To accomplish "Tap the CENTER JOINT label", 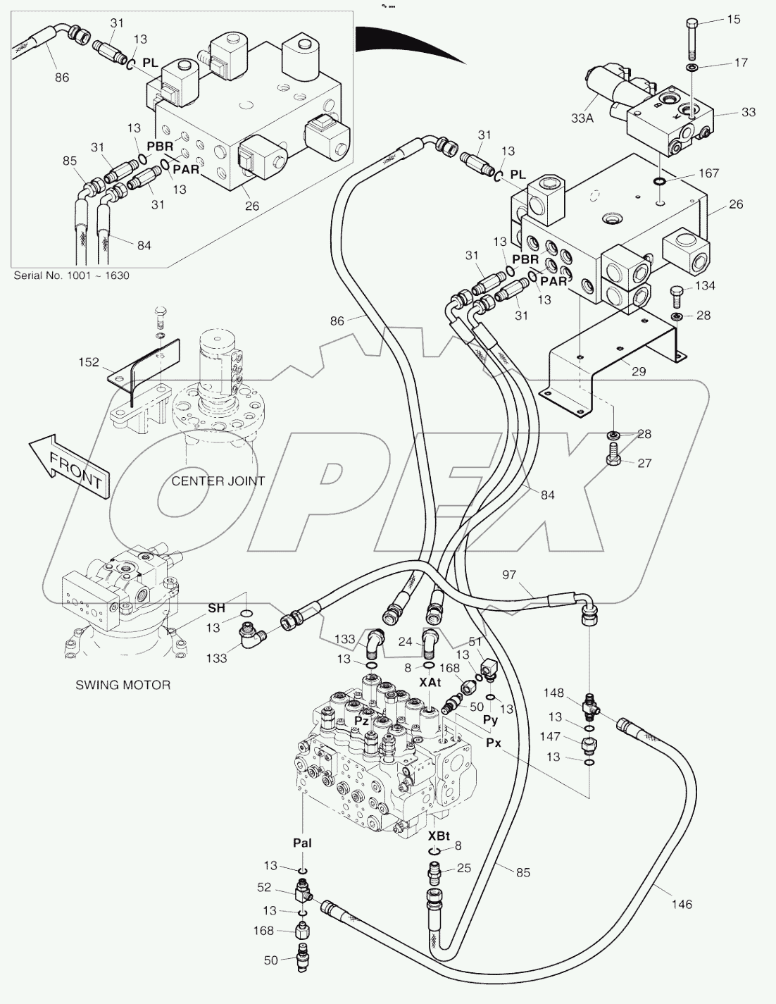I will click(x=218, y=481).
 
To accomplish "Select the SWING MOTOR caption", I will click(x=123, y=684).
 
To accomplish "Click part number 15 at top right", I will click(x=733, y=20).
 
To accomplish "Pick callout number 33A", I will click(x=582, y=119).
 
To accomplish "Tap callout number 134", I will click(x=705, y=285).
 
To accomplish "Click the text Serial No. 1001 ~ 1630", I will click(x=72, y=275).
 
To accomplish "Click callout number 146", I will click(x=682, y=904).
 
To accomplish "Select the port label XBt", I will click(x=439, y=836).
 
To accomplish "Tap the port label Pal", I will click(x=302, y=843).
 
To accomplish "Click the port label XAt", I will click(x=430, y=682).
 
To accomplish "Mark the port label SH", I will click(x=216, y=607).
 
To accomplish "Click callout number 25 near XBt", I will click(x=463, y=868).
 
